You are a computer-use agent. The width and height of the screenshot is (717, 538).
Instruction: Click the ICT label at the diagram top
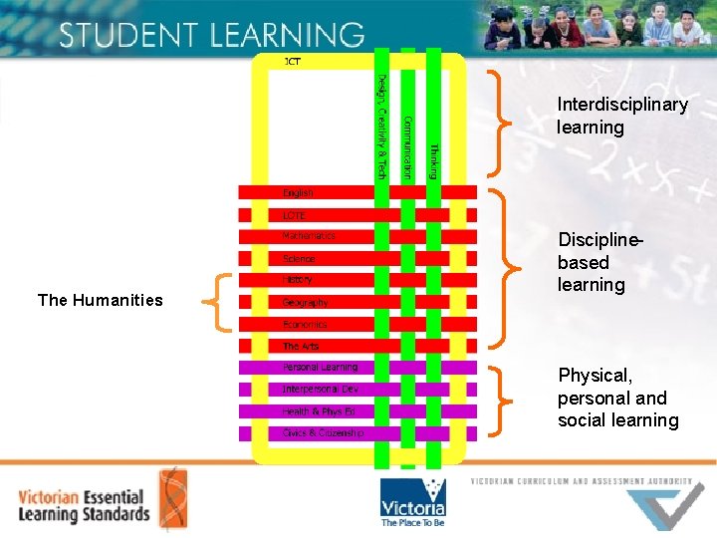[x=293, y=62]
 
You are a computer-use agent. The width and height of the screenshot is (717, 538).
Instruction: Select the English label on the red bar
[x=298, y=193]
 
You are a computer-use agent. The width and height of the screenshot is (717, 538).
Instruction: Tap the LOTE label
[x=295, y=215]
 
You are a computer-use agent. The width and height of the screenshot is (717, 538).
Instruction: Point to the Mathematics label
[x=309, y=237]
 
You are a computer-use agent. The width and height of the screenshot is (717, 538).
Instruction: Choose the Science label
[x=299, y=259]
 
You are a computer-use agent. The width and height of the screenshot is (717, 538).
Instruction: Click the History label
[x=298, y=280]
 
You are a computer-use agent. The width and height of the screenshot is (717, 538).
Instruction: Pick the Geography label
[x=305, y=302]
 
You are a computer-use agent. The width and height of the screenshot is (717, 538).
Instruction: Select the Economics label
[x=305, y=324]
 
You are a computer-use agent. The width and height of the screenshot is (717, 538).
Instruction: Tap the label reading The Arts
[x=301, y=346]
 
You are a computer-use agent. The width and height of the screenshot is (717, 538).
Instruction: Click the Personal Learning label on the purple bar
[x=320, y=368]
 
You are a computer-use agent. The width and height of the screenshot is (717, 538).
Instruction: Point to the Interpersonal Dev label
[x=321, y=390]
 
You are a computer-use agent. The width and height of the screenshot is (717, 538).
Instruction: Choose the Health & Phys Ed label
[x=319, y=411]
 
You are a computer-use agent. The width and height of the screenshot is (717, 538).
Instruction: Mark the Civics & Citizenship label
[x=323, y=433]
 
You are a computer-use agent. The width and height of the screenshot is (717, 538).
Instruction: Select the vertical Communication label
[x=406, y=147]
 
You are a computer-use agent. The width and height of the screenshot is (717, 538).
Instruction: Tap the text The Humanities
[x=100, y=300]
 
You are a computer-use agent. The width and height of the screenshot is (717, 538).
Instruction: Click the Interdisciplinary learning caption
[x=622, y=116]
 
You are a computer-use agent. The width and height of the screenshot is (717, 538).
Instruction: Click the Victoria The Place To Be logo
[x=412, y=502]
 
